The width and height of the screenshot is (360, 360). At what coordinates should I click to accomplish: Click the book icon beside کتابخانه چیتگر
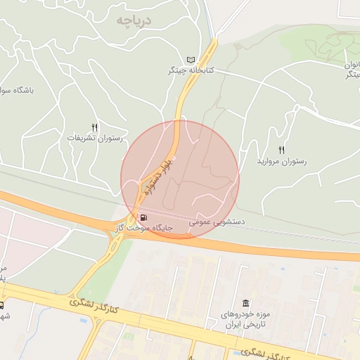pos(192,60)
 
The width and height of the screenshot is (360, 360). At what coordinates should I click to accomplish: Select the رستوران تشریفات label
pos(95,138)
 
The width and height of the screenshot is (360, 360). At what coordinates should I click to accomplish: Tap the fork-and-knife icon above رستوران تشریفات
pos(95,127)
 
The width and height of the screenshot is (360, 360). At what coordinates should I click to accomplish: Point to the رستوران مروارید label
pos(282,162)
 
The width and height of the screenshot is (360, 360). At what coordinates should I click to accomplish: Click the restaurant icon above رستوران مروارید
pos(282,150)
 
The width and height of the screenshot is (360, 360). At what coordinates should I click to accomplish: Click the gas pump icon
pos(143,217)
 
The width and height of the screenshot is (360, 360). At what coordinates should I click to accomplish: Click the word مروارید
pos(269,162)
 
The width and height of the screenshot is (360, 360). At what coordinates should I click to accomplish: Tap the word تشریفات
pos(82,138)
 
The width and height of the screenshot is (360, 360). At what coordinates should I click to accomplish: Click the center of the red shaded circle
pos(180,180)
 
